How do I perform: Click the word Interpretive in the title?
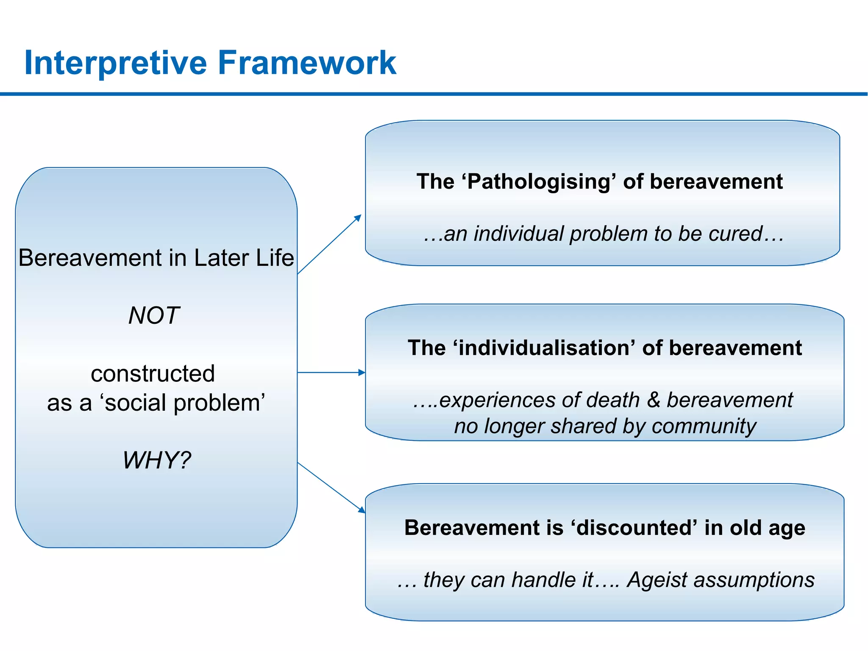[115, 63]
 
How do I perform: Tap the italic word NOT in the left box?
[154, 315]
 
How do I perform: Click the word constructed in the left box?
[153, 373]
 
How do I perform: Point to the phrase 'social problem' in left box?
[185, 403]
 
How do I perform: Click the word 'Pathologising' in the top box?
[539, 181]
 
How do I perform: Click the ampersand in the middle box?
[654, 400]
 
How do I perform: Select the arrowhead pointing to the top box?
[358, 218]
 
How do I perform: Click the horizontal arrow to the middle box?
[331, 373]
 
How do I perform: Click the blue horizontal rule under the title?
[434, 94]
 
